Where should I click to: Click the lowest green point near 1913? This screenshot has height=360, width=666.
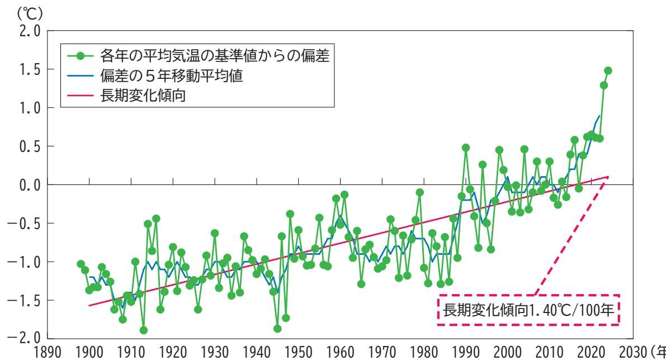(x=144, y=330)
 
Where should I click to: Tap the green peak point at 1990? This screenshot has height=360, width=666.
(x=466, y=148)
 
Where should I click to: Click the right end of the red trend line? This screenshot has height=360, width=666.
(x=608, y=177)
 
